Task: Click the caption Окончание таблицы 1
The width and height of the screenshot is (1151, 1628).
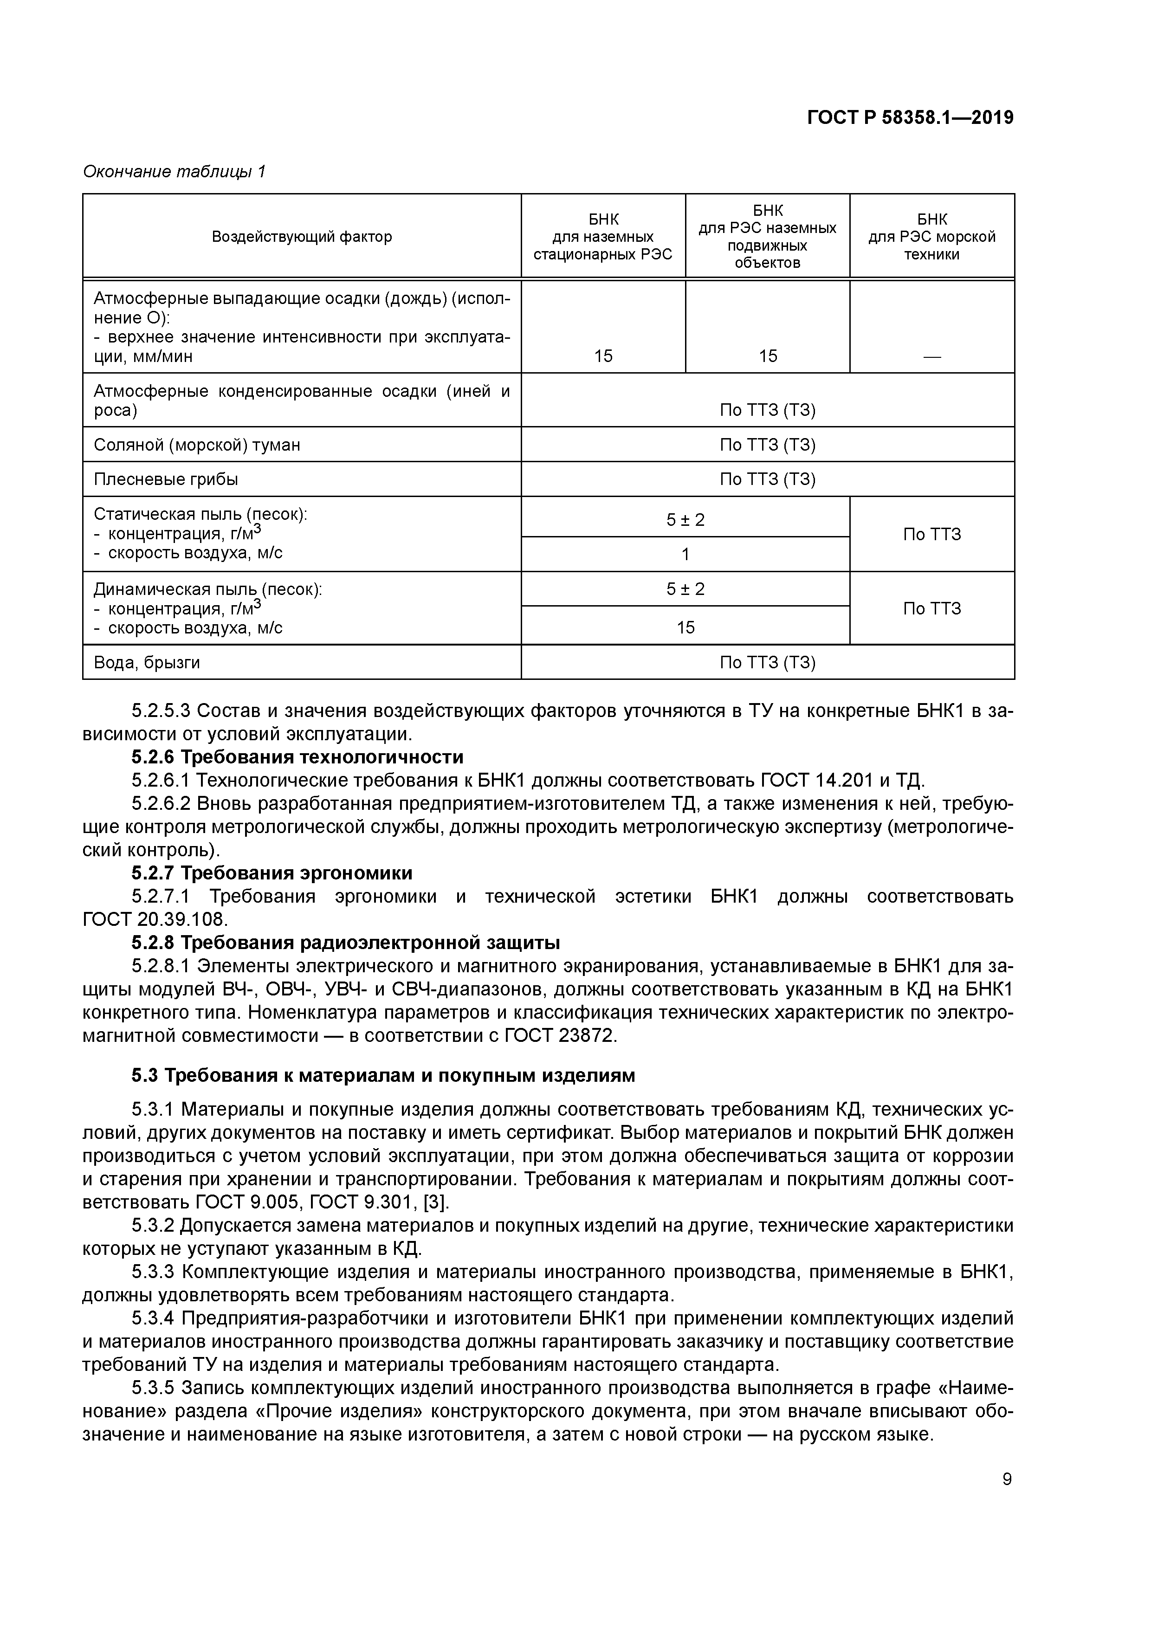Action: point(174,172)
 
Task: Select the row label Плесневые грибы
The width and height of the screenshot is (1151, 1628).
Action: point(165,479)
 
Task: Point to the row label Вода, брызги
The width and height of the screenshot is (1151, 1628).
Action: point(147,662)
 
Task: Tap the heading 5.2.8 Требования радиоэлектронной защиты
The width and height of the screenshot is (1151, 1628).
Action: point(345,943)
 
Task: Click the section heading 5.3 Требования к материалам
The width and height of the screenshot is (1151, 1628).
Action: point(383,1076)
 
